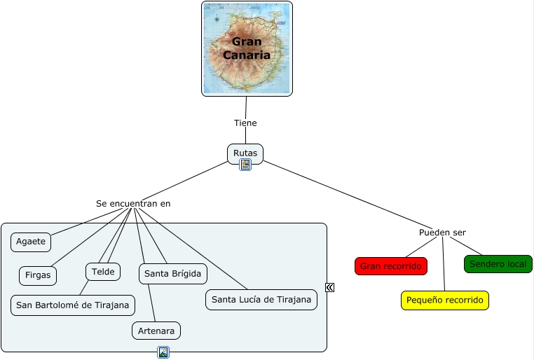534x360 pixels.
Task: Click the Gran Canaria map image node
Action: point(247,48)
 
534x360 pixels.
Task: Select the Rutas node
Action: point(245,153)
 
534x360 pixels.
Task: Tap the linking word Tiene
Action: point(245,123)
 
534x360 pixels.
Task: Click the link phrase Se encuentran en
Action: point(133,204)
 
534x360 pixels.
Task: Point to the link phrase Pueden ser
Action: point(442,233)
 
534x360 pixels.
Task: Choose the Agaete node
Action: point(31,242)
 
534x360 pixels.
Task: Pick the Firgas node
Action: point(38,275)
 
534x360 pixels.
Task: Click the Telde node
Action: point(103,271)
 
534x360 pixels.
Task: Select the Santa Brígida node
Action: point(172,274)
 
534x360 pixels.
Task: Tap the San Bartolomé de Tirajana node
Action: point(73,305)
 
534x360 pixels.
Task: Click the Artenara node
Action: point(156,331)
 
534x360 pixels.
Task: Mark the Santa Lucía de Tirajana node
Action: point(261,300)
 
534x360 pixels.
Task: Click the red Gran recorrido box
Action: point(391,266)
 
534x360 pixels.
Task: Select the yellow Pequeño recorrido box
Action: point(445,300)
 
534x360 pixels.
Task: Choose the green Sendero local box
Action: point(498,264)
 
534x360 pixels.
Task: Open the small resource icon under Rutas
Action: point(245,165)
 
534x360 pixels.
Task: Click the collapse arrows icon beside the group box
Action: point(329,287)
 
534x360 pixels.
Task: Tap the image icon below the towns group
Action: point(163,352)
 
